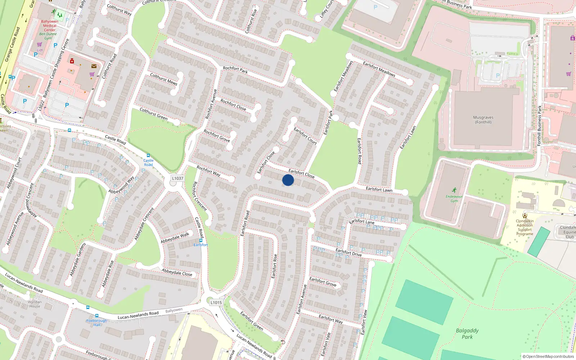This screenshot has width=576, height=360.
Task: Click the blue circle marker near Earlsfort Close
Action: (x=288, y=180)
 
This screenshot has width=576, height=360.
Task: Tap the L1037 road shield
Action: (x=177, y=178)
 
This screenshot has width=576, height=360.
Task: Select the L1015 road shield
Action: (x=216, y=302)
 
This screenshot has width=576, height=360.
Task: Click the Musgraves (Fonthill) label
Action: (x=483, y=120)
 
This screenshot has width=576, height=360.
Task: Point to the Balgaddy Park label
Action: (x=467, y=334)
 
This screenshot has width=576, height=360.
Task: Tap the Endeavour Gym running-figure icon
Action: (x=454, y=190)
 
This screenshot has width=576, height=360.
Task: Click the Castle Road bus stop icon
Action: (x=148, y=156)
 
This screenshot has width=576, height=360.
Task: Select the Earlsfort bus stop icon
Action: (x=201, y=240)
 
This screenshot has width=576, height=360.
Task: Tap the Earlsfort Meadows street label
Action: (x=379, y=69)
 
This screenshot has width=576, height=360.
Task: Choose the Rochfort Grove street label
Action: (x=217, y=136)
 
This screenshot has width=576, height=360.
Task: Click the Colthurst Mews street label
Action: (x=163, y=79)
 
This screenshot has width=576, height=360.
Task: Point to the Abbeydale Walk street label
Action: (x=175, y=238)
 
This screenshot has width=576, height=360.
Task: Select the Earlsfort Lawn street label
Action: (x=379, y=189)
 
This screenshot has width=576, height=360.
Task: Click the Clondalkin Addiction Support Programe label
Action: (x=525, y=228)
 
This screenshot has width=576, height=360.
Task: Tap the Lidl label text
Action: (x=40, y=50)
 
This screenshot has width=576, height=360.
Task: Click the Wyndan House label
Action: (x=35, y=304)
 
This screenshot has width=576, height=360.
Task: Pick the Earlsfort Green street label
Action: (x=252, y=320)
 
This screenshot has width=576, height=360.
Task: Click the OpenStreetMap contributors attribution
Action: (x=548, y=356)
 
